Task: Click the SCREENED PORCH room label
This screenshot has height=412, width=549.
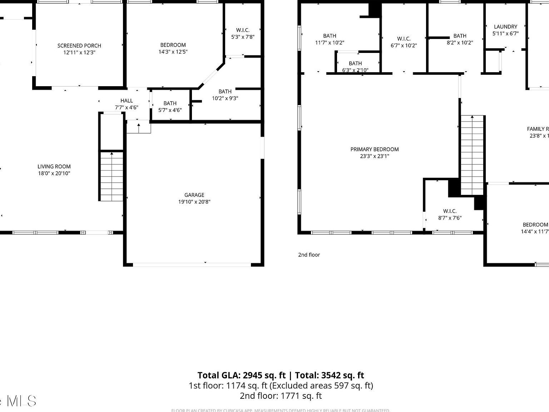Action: click(x=79, y=46)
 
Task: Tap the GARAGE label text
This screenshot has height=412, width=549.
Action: click(x=194, y=195)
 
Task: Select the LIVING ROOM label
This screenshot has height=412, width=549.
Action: click(x=54, y=167)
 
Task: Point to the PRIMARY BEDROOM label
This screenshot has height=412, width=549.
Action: click(x=375, y=149)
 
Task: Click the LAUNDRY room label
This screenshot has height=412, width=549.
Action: click(x=505, y=27)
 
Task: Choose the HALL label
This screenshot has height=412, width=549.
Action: click(x=127, y=101)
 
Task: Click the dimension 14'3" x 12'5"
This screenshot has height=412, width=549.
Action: click(x=173, y=52)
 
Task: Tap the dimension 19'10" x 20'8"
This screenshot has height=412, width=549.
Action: click(x=194, y=202)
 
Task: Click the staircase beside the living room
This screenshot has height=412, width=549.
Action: click(x=112, y=176)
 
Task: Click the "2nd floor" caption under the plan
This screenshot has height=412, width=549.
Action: click(x=309, y=255)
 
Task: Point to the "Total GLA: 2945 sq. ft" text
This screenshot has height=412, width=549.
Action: click(x=242, y=375)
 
